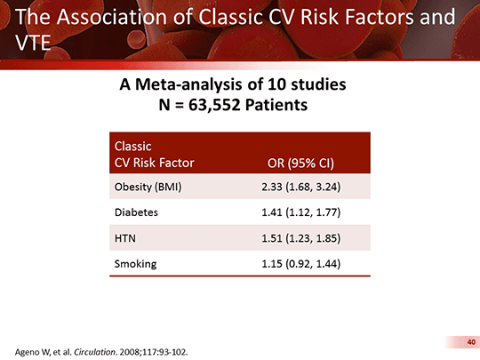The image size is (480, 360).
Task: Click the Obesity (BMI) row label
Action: coord(148,187)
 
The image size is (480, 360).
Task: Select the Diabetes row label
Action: coord(136,212)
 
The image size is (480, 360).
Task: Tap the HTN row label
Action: coord(125,238)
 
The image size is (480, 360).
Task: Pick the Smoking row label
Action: coord(136,264)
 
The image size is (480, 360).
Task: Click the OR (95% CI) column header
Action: coord(300,164)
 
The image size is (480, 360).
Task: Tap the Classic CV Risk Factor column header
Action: coord(155,155)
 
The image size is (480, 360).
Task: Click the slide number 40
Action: coord(471,342)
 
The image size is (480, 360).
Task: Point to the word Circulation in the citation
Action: coord(95,352)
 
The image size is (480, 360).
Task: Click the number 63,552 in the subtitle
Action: coord(214,105)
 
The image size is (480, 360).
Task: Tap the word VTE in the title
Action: coord(33,43)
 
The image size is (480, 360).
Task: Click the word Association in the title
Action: coord(112,17)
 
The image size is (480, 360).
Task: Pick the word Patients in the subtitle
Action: coord(276,105)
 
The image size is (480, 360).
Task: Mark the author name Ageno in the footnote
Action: coord(25,352)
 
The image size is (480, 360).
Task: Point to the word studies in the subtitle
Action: coord(318,84)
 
